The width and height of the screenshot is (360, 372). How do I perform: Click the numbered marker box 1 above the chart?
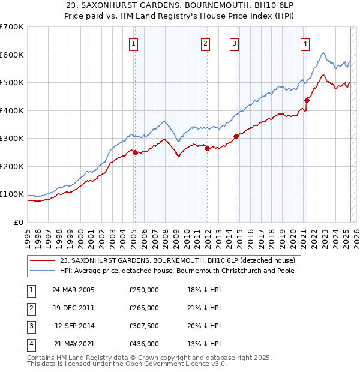pos(133,43)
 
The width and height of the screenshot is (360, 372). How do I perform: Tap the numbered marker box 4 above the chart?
pos(305,43)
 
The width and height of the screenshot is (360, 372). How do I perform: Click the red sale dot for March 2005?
pos(135,152)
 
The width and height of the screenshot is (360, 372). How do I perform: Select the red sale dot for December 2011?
pos(207,148)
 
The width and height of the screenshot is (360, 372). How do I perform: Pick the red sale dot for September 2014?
pos(236,136)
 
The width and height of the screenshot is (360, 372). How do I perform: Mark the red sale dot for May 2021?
pos(307,100)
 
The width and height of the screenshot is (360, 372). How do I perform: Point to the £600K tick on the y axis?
pos(12,55)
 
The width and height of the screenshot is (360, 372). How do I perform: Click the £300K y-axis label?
pos(12,139)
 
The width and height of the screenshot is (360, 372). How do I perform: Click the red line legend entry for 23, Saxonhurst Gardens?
pos(178,261)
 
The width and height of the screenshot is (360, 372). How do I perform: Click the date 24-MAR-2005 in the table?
pos(73,290)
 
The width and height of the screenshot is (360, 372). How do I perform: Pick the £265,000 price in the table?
pos(144,308)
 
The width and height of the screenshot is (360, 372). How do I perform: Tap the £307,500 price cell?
pos(144,326)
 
